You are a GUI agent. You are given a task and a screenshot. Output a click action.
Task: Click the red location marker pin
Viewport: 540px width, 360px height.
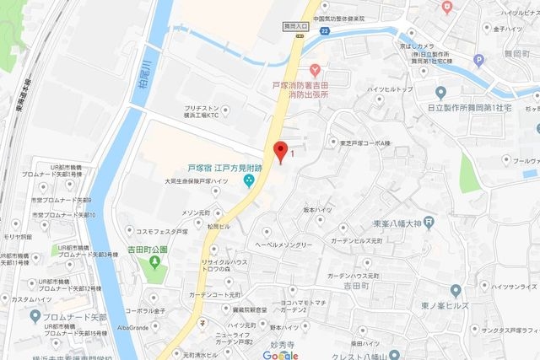280,152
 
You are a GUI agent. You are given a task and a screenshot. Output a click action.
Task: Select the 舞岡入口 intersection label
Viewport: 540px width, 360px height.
295,26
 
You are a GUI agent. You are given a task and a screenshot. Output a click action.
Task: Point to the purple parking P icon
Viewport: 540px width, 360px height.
479,59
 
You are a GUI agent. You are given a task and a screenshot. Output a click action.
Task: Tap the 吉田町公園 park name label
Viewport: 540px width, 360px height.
155,250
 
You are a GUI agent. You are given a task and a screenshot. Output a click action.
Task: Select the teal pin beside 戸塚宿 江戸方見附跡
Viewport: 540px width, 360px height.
248,180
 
